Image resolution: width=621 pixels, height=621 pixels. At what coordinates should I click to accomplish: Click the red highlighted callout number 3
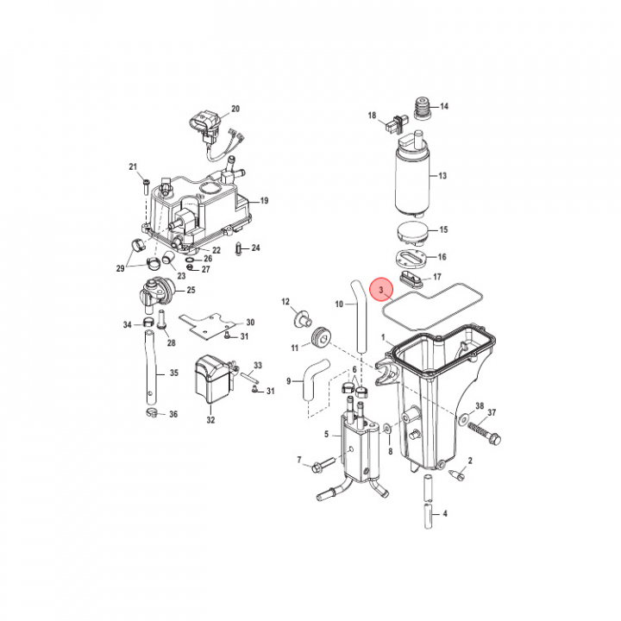click(x=381, y=290)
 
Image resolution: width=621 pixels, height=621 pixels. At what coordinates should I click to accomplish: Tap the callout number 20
click(x=235, y=109)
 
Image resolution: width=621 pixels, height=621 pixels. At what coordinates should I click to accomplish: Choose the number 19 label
click(x=264, y=200)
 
